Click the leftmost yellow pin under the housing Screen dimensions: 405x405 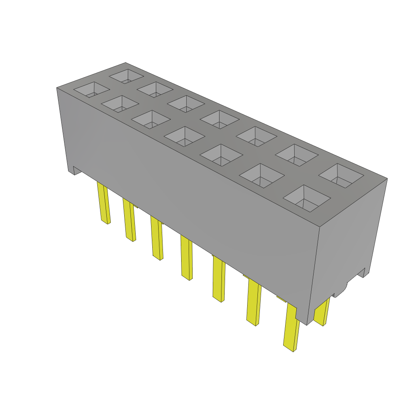pyautogui.click(x=104, y=204)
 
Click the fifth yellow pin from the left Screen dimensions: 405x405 pyautogui.click(x=218, y=279)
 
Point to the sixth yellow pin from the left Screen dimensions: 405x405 pyautogui.click(x=253, y=303)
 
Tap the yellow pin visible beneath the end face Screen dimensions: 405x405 pyautogui.click(x=322, y=312)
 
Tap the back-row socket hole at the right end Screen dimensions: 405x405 pyautogui.click(x=341, y=175)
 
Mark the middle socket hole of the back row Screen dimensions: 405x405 pyautogui.click(x=220, y=119)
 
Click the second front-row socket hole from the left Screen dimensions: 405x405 pyautogui.click(x=120, y=104)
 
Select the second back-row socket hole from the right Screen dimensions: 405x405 pyautogui.click(x=296, y=155)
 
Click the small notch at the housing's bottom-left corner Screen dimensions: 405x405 pyautogui.click(x=76, y=170)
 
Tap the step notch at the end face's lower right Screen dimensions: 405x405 pyautogui.click(x=362, y=273)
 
